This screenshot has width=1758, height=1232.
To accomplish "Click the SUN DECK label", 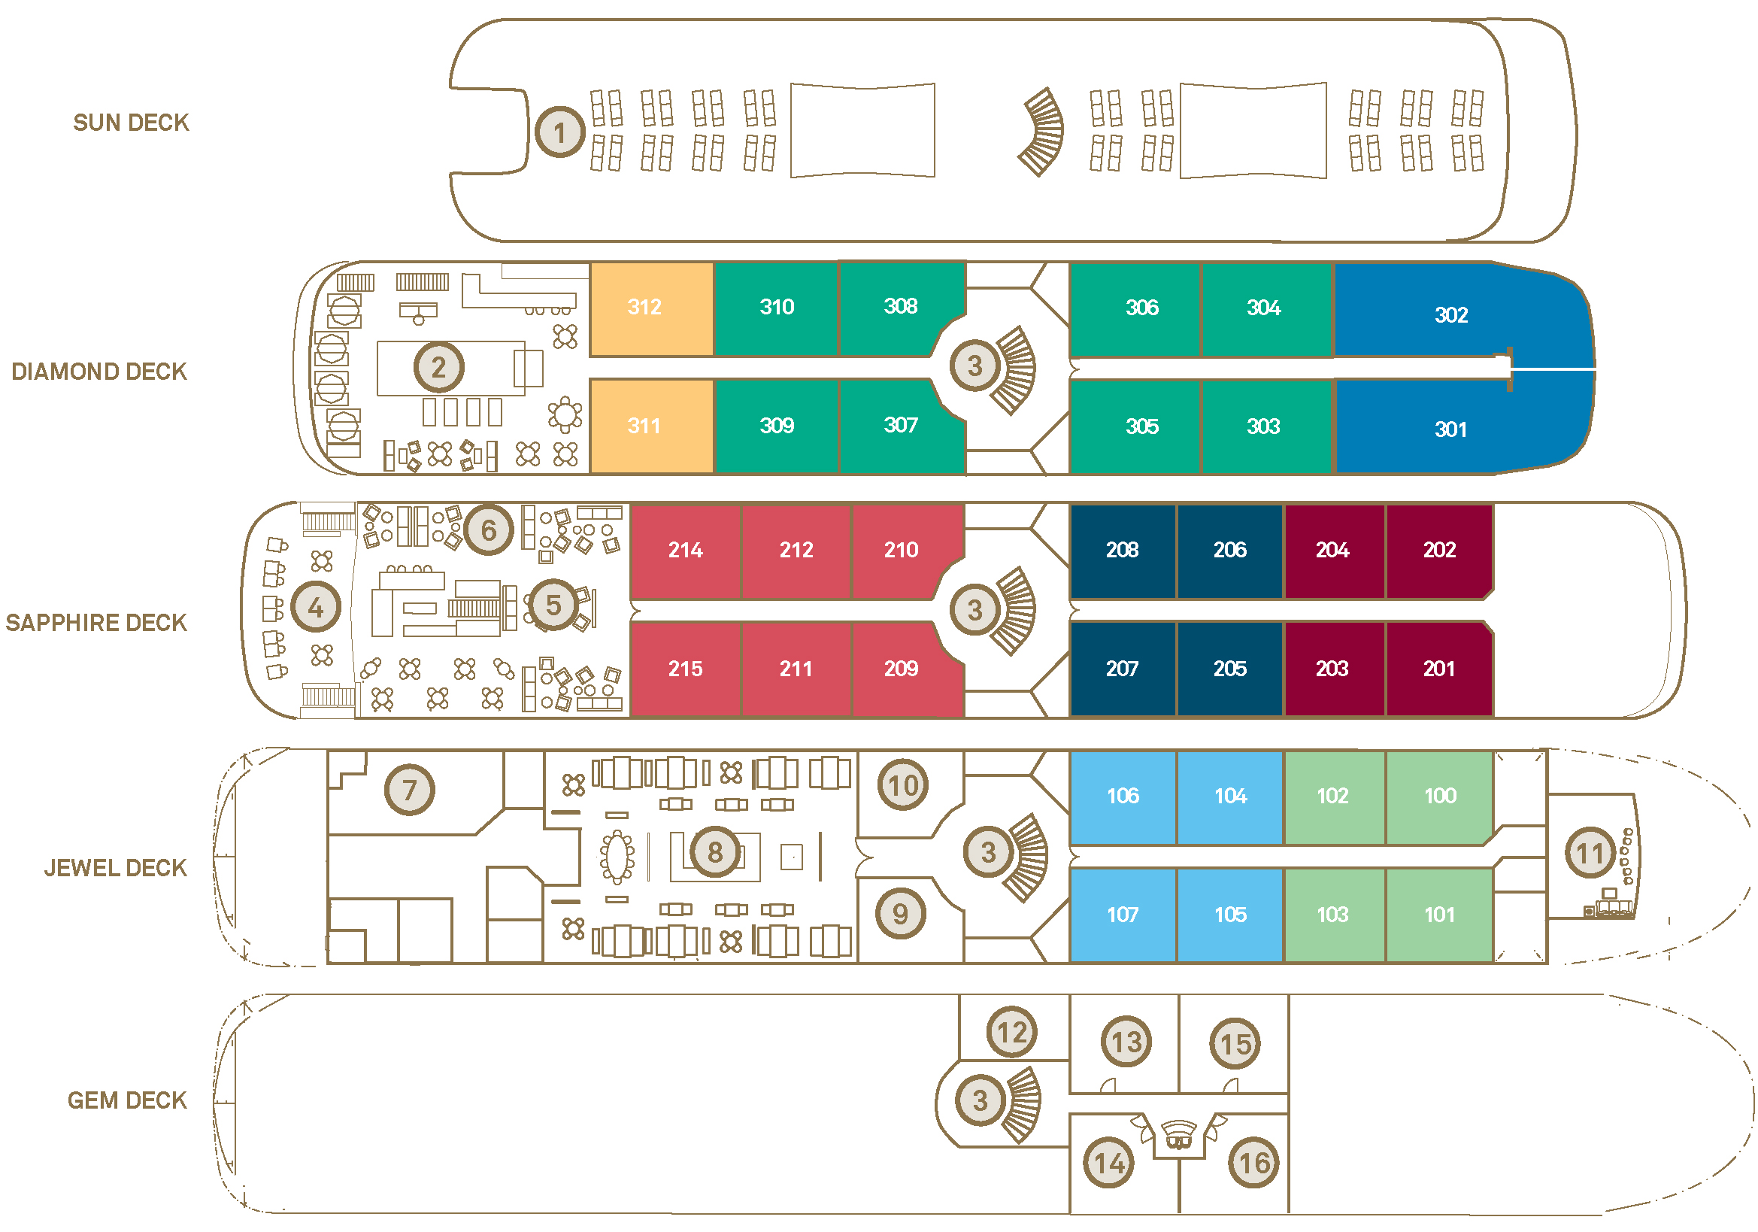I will point(131,123).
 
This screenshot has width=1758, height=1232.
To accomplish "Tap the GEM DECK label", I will point(127,1100).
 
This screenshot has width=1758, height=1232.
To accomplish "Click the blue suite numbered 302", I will point(1450,314).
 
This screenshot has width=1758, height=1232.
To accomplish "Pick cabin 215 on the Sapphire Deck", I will point(684,669).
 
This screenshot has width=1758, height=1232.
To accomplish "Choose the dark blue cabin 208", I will point(1122,550).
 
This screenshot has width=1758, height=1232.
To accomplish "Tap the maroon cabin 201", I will point(1438,669).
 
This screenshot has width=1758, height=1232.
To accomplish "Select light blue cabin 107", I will point(1122,915).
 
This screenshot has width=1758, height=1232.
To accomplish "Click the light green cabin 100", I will point(1438,797).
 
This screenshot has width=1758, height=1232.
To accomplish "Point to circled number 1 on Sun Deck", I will point(559,132).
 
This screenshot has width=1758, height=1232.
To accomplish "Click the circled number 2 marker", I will point(438,368).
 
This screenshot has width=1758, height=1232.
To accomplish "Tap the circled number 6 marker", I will point(489,530).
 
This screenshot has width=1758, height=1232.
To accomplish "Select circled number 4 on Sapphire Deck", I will point(316,607).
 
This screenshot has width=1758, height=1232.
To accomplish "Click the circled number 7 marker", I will point(410,790).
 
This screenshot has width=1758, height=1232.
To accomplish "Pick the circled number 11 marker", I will point(1590,853).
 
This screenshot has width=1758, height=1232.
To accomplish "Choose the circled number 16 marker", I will point(1253,1163).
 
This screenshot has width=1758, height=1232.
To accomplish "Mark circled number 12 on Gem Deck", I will point(1011,1032).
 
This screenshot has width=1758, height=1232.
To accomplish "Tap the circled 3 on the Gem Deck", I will point(980,1100).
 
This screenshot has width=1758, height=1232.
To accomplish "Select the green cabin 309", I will point(776,426).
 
